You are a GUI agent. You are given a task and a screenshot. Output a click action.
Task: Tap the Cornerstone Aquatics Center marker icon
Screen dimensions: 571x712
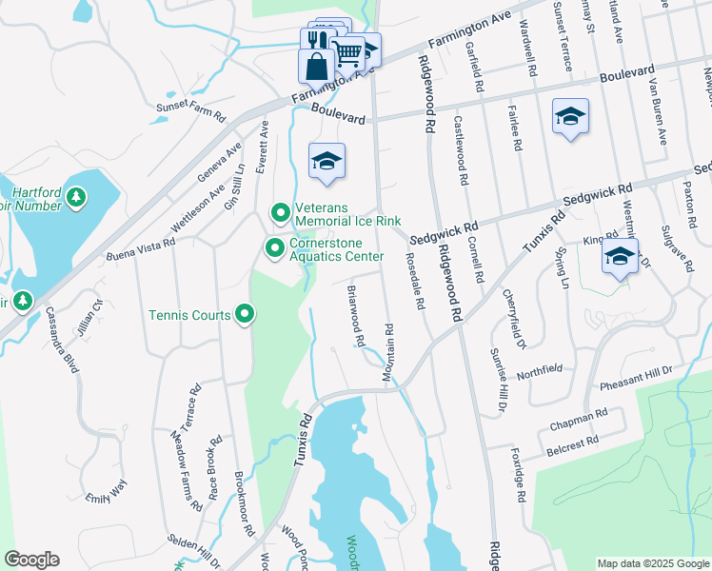pyautogui.click(x=275, y=248)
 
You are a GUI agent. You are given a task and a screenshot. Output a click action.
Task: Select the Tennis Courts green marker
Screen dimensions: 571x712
pyautogui.click(x=245, y=314)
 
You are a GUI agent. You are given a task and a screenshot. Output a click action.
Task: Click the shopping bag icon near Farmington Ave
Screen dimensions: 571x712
pyautogui.click(x=316, y=68)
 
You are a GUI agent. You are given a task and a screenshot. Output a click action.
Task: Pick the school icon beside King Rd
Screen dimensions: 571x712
pyautogui.click(x=620, y=257)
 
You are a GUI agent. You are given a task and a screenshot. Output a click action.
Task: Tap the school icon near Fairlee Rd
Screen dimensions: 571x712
pyautogui.click(x=569, y=117)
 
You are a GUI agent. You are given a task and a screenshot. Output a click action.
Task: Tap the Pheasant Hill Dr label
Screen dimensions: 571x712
pyautogui.click(x=636, y=378)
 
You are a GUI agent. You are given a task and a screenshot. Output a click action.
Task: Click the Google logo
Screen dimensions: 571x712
pyautogui.click(x=31, y=560)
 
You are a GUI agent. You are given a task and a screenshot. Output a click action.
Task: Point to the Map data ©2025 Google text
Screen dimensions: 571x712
pyautogui.click(x=652, y=563)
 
